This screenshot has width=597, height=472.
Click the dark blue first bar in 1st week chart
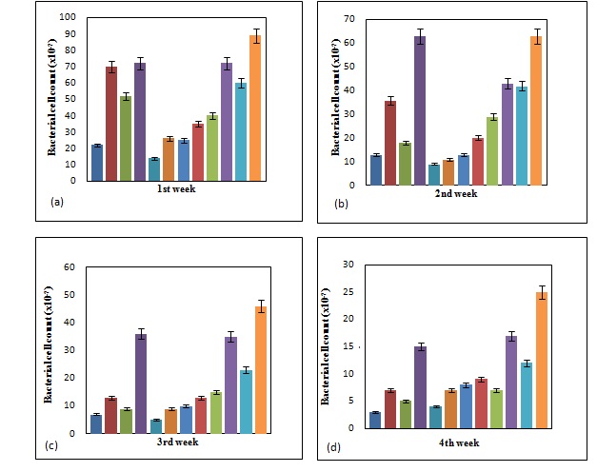click(x=96, y=162)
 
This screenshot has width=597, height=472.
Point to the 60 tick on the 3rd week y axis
click(x=70, y=267)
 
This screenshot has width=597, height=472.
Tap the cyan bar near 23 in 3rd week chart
click(x=245, y=401)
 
